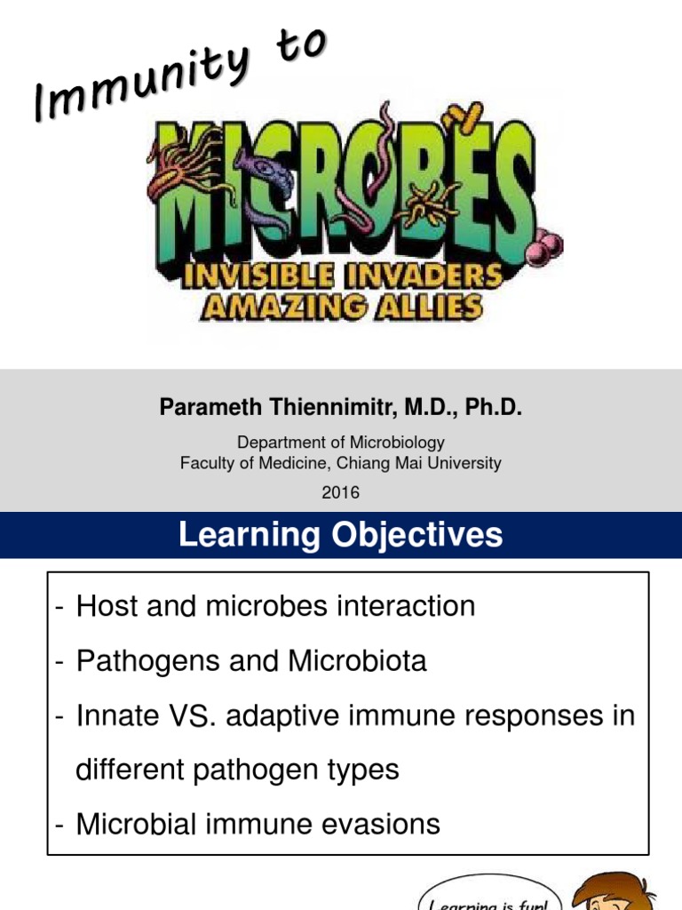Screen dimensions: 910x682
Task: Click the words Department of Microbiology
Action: [x=341, y=442]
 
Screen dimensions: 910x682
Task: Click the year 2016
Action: [x=341, y=491]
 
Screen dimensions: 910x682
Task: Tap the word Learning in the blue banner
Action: [x=236, y=535]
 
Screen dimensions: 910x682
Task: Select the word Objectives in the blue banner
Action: [x=416, y=535]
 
